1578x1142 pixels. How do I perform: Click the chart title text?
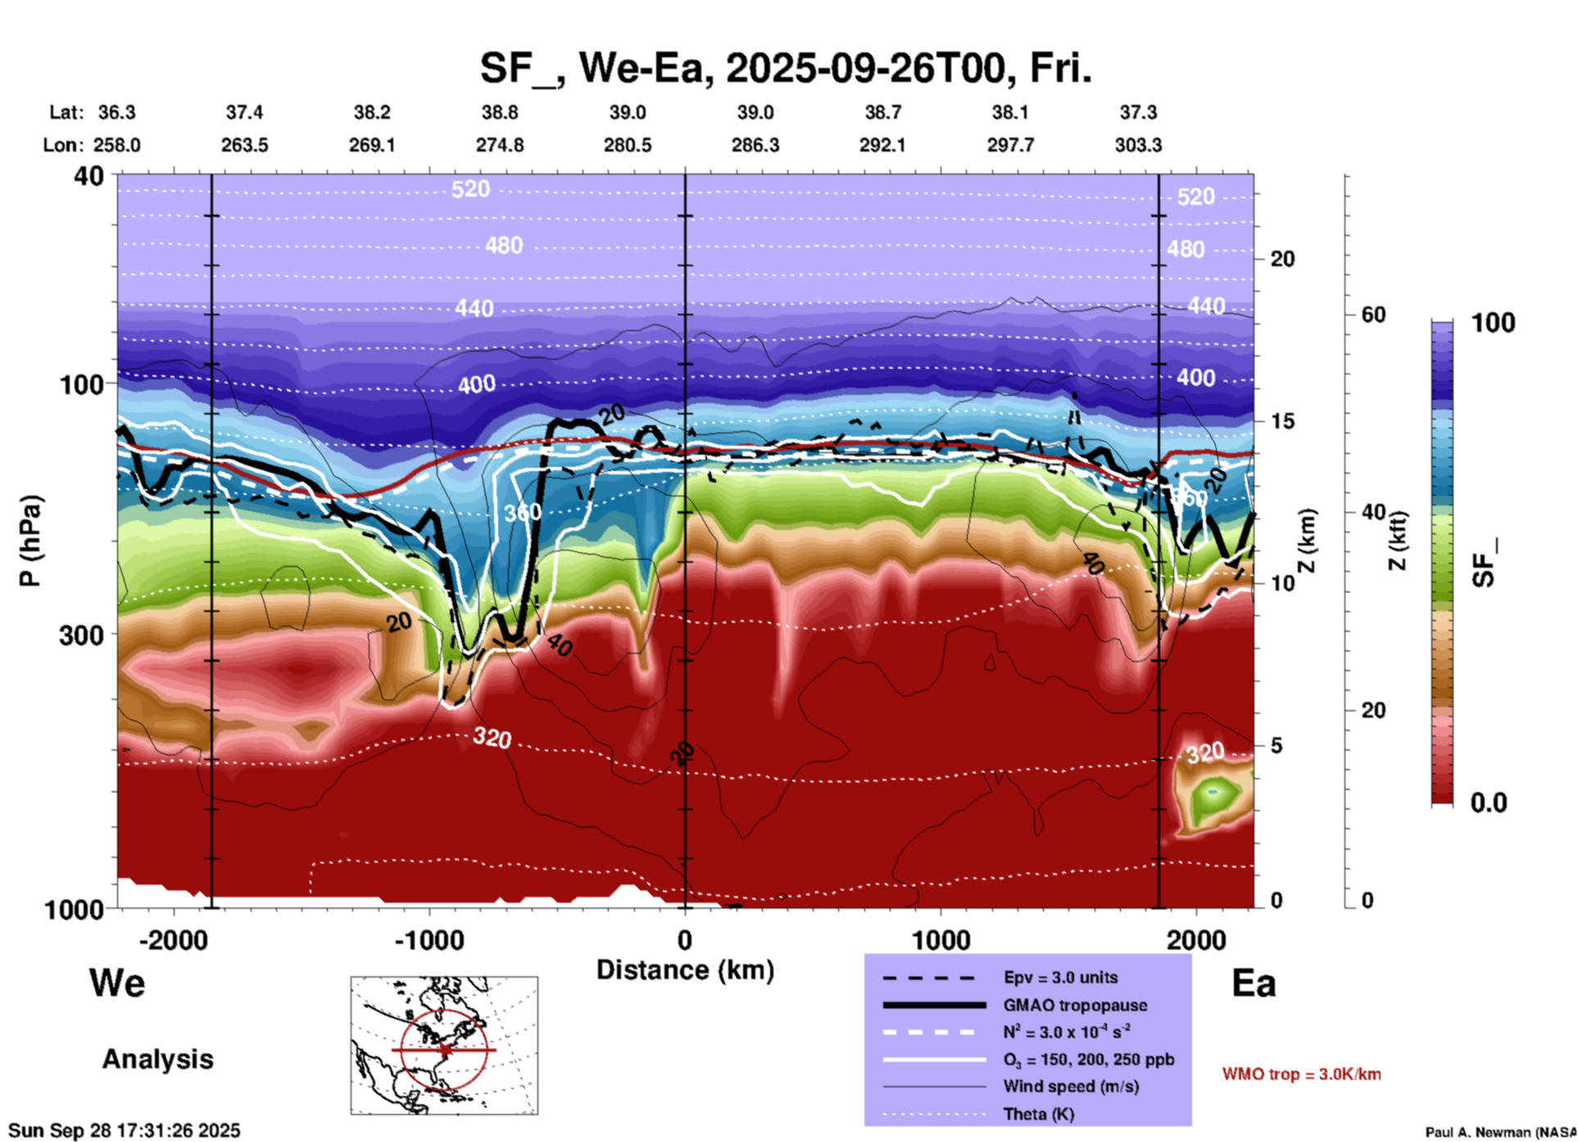tap(785, 68)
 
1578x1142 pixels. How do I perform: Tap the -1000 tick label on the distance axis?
tap(429, 940)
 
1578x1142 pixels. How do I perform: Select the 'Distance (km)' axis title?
tap(685, 970)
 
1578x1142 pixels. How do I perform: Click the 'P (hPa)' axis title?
tap(30, 540)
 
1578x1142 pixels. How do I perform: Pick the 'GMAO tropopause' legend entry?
tap(1075, 1005)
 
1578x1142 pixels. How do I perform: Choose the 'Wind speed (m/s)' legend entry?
tap(1072, 1086)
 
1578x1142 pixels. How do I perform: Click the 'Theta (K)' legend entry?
tap(1038, 1114)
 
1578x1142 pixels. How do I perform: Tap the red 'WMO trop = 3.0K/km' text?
tap(1301, 1074)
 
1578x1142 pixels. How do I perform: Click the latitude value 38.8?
tap(499, 112)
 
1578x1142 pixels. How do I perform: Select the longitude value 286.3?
tap(755, 145)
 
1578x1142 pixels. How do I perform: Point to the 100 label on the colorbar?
tap(1493, 323)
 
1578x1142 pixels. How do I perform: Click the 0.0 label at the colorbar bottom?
tap(1489, 802)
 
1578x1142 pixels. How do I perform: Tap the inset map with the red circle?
tap(444, 1045)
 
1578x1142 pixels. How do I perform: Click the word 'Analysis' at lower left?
tap(157, 1059)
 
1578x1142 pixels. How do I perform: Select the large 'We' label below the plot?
tap(117, 983)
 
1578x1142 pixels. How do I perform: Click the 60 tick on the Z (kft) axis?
tap(1373, 315)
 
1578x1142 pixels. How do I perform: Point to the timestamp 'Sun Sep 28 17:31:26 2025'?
tap(125, 1131)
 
